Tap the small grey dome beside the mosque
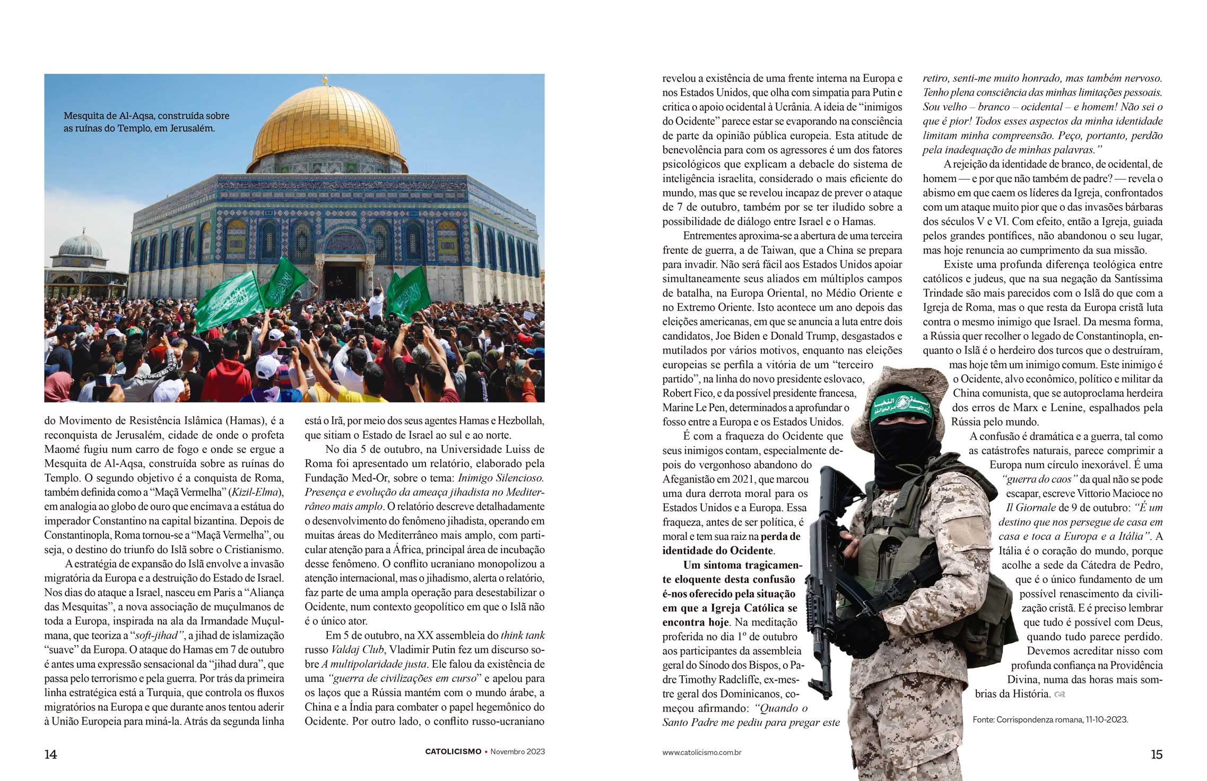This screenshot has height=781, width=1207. [x=80, y=247]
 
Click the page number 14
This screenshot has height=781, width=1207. [x=50, y=754]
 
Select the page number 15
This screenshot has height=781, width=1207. [x=1157, y=754]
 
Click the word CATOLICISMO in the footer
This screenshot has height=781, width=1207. [x=453, y=752]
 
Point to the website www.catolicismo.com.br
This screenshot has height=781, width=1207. [x=701, y=752]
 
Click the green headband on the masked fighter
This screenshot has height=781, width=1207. [x=901, y=406]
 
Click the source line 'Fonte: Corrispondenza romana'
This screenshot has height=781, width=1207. [x=1050, y=720]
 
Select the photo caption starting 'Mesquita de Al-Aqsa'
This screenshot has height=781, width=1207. [x=146, y=122]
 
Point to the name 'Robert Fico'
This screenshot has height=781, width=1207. [x=684, y=393]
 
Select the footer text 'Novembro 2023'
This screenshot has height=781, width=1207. [x=517, y=752]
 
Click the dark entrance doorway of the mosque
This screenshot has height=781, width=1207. [x=340, y=281]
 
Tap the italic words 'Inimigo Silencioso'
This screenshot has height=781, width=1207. [x=501, y=478]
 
